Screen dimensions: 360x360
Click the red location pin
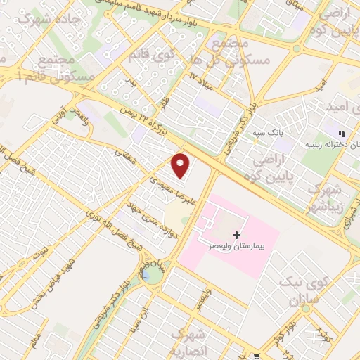pyautogui.click(x=181, y=165)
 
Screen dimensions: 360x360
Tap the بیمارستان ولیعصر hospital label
pyautogui.click(x=231, y=247)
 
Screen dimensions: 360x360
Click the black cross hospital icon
pyautogui.click(x=236, y=233)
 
